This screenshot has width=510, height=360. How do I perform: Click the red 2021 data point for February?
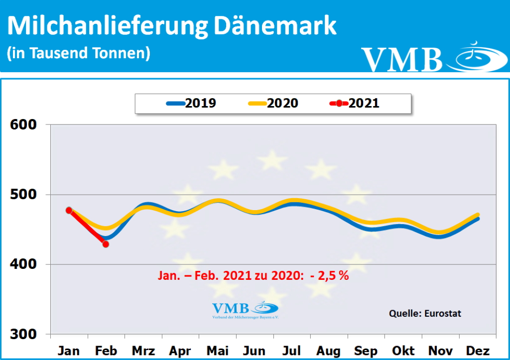pyautogui.click(x=106, y=244)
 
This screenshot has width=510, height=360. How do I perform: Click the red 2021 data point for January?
pyautogui.click(x=69, y=210)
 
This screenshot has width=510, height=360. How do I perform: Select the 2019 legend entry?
pyautogui.click(x=191, y=103)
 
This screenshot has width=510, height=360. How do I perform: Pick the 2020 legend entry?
pyautogui.click(x=273, y=103)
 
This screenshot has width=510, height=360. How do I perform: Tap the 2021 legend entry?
pyautogui.click(x=355, y=103)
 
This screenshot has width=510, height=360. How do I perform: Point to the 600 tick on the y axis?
pyautogui.click(x=24, y=124)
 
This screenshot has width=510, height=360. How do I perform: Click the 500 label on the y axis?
pyautogui.click(x=24, y=194)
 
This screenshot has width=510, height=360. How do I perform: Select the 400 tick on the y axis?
pyautogui.click(x=24, y=264)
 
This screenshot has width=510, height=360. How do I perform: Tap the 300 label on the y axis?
pyautogui.click(x=24, y=334)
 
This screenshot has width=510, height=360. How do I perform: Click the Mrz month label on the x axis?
pyautogui.click(x=143, y=351)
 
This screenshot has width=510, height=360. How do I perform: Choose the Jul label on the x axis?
pyautogui.click(x=291, y=351)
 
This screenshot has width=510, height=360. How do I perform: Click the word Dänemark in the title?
pyautogui.click(x=275, y=26)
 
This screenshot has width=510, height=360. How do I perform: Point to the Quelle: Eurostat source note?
pyautogui.click(x=425, y=313)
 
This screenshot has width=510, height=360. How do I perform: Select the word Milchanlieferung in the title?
pyautogui.click(x=107, y=26)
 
